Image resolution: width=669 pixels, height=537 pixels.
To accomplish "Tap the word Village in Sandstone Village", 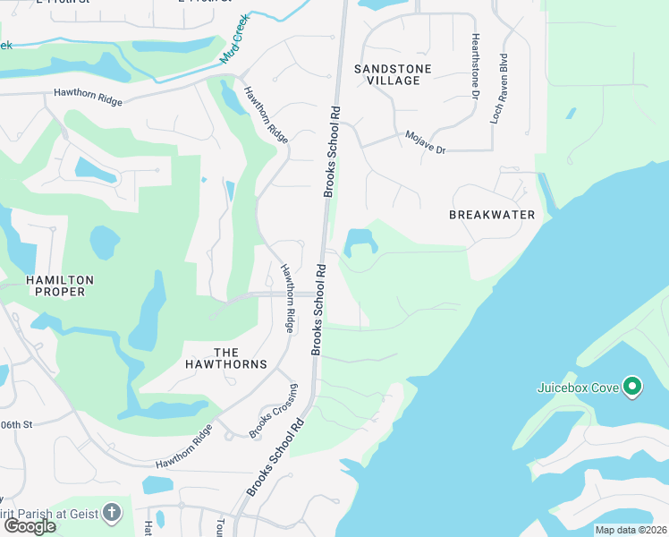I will point(393,81).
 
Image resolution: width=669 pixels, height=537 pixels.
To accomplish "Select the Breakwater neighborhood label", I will point(492,215).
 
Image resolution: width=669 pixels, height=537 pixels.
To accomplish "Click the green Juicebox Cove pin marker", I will point(632,387).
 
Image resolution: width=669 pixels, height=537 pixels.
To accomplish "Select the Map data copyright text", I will point(631,530).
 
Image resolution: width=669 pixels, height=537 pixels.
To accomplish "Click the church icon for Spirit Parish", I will point(111,513).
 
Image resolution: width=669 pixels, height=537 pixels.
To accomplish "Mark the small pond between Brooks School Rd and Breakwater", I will point(360,241).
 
